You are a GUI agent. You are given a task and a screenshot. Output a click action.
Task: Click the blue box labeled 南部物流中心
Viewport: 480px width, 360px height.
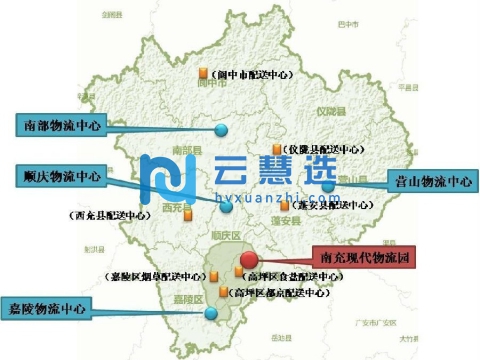[x=61, y=126]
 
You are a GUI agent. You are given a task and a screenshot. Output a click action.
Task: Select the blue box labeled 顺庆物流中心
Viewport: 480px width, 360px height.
[x=61, y=176]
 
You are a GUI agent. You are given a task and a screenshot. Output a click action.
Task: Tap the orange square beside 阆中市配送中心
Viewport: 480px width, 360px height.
[x=202, y=73]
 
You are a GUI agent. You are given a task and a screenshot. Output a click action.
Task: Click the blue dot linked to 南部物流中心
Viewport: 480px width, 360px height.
[x=221, y=130]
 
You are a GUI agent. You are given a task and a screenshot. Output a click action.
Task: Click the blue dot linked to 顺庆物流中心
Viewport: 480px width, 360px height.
[x=226, y=207]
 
